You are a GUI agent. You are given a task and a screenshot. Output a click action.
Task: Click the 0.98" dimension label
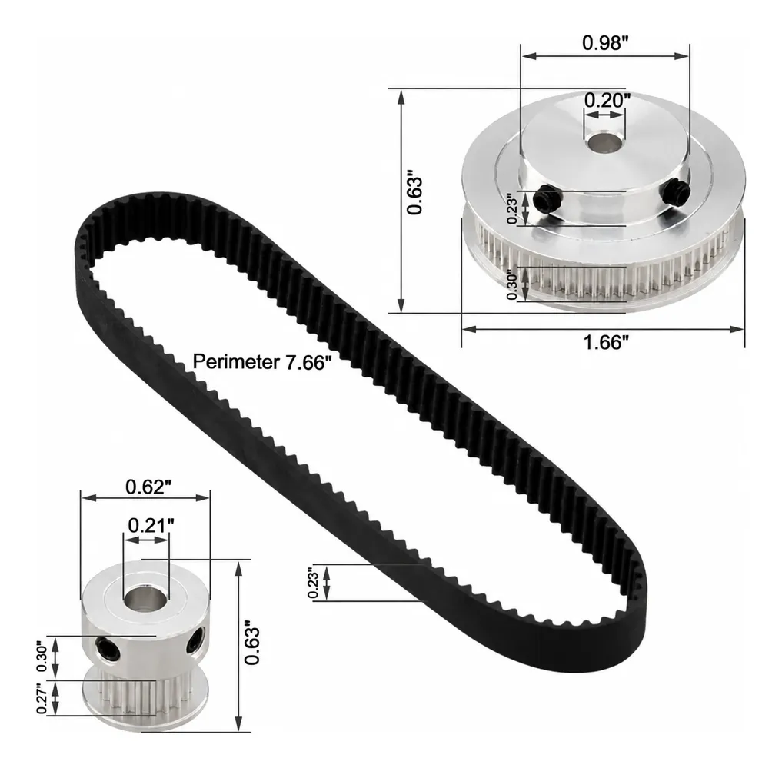click(604, 43)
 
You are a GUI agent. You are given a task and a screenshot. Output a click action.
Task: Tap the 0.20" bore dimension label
click(607, 101)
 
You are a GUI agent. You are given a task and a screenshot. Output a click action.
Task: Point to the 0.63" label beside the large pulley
click(414, 194)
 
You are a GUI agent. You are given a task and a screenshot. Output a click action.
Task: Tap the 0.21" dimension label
click(151, 526)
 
